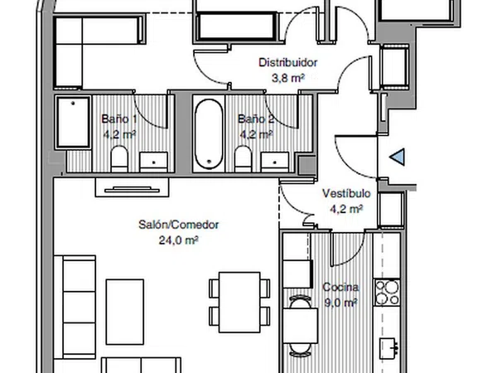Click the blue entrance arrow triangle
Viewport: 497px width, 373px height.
coord(398,157)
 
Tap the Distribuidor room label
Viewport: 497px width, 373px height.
coord(287,62)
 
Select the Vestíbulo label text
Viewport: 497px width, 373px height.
coord(346,193)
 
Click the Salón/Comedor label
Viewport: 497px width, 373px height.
coord(179,225)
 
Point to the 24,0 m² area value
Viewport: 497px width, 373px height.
coord(179,240)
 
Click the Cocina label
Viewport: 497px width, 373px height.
coord(340,287)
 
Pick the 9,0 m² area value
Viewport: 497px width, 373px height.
coord(340,303)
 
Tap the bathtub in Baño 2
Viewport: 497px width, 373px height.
coord(209,133)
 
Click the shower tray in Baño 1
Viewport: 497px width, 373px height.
coord(73,123)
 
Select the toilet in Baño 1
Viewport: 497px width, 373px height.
coord(119,159)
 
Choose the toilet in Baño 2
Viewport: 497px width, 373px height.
coord(243,159)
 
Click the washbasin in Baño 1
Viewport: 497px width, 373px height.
coord(154,162)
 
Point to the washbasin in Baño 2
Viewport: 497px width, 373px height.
coord(275,162)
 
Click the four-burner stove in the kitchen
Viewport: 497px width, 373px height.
coord(387,293)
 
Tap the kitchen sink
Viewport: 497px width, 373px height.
coord(388,349)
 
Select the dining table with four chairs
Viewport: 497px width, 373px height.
coord(239,303)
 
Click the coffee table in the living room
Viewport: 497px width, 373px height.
coord(125,312)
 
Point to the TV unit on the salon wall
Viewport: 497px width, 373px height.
coord(133,187)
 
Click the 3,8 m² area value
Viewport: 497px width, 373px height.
coord(288,78)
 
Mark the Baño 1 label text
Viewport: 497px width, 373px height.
coord(119,119)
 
